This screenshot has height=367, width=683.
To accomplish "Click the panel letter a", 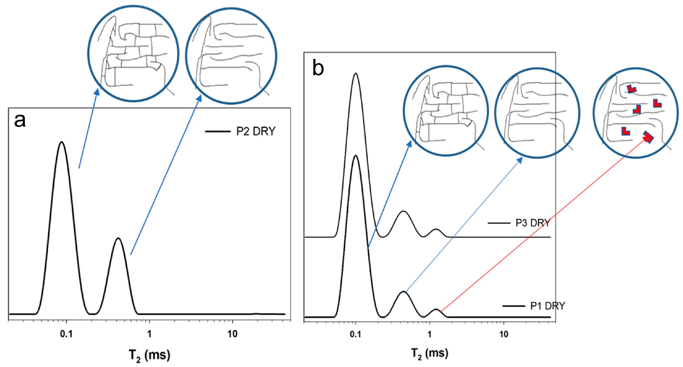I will coord(20,121).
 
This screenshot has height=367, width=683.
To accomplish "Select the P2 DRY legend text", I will coord(256,131).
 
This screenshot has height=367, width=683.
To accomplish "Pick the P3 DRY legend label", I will coord(533,223).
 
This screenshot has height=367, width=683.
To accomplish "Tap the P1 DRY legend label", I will coord(548,306).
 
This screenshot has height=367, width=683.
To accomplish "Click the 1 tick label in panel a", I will coord(150,334).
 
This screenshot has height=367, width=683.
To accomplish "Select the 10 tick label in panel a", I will coord(232,334).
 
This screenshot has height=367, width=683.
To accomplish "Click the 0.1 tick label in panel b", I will coord(355,334).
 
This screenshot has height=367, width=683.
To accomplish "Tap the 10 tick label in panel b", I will coord(504,334).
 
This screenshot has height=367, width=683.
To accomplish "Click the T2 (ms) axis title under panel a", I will coord(149,355).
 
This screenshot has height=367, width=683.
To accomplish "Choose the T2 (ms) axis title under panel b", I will coord(429,353).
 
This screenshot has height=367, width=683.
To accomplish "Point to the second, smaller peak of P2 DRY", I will coord(118,238).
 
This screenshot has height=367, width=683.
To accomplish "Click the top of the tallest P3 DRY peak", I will coord(355,74).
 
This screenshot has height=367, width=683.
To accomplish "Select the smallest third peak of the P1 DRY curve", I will coord(436,309).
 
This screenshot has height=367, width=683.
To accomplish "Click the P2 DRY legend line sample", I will coord(218,131).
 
